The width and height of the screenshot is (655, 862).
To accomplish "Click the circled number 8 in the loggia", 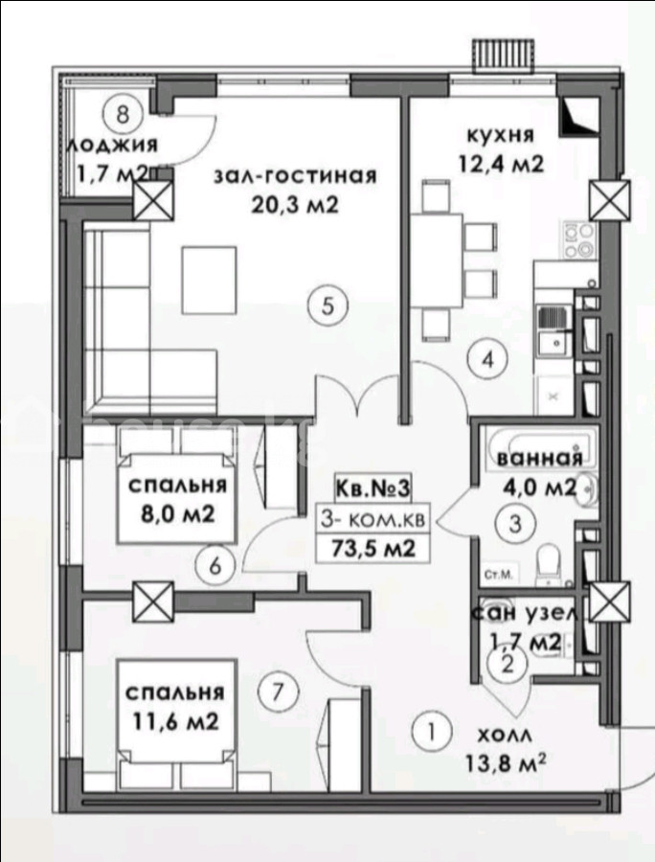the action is click(123, 115).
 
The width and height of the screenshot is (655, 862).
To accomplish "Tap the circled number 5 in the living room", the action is click(327, 306).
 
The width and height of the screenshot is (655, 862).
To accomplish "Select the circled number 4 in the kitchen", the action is click(487, 360).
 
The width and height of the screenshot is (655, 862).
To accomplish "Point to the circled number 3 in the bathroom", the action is click(515, 524).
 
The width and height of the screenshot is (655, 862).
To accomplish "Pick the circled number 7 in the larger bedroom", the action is click(278, 691).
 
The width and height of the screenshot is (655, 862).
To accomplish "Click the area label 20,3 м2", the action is click(294, 205).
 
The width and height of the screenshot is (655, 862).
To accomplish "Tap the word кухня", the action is click(500, 135).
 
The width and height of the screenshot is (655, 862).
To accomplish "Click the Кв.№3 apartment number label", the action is click(373, 488).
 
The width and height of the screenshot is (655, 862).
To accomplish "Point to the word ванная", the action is click(539, 458).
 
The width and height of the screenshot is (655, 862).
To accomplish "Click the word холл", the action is click(505, 735).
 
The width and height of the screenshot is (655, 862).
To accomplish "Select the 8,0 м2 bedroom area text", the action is click(178, 515).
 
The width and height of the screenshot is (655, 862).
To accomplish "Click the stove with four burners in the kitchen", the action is click(578, 240).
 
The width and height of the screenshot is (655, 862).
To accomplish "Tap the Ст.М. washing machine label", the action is click(499, 575).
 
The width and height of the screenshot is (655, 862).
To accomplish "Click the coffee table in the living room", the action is click(210, 280).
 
